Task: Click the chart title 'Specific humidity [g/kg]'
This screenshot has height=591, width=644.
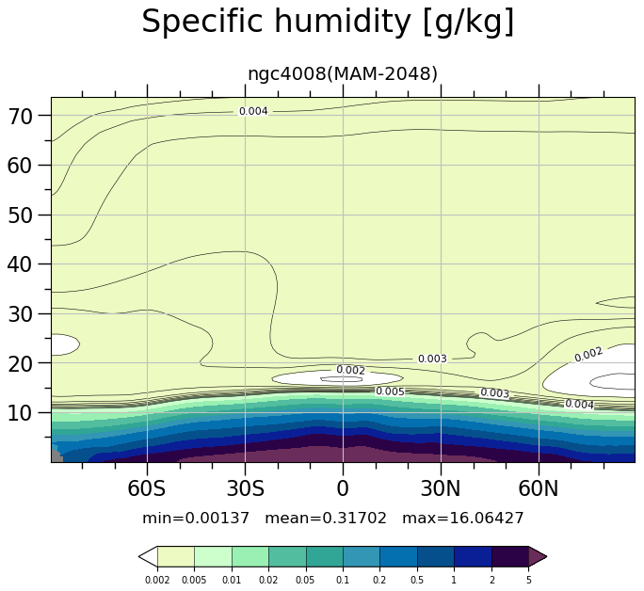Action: pos(328,23)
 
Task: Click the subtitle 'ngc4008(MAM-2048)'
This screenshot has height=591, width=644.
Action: pos(343,73)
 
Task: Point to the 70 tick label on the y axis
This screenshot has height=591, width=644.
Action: pos(20,117)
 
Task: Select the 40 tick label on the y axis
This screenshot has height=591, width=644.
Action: pos(20,264)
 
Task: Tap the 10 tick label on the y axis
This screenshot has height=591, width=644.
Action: pos(20,413)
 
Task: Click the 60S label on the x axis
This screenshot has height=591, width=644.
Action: pos(147,488)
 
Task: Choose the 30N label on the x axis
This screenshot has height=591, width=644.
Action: pos(441,488)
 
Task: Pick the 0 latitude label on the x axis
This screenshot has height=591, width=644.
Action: pos(343,488)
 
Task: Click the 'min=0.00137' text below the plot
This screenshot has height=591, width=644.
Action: pos(196,519)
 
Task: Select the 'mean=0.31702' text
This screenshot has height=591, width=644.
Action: pos(326,519)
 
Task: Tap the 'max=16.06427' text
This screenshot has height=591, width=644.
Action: pos(463,519)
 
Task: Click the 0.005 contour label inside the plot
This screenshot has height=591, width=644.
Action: pos(390,391)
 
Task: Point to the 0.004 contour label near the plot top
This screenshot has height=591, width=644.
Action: pos(253,111)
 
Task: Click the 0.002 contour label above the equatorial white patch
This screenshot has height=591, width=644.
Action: pos(351,370)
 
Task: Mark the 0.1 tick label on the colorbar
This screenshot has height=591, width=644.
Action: pos(343,581)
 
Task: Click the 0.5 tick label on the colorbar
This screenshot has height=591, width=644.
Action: pos(417,581)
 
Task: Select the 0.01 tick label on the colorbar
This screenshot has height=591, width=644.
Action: pos(232,581)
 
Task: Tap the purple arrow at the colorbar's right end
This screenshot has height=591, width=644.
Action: pos(538,557)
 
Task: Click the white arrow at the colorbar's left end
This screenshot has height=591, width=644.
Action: pos(148,557)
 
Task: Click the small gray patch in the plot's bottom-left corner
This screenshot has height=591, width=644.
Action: pos(56,456)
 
